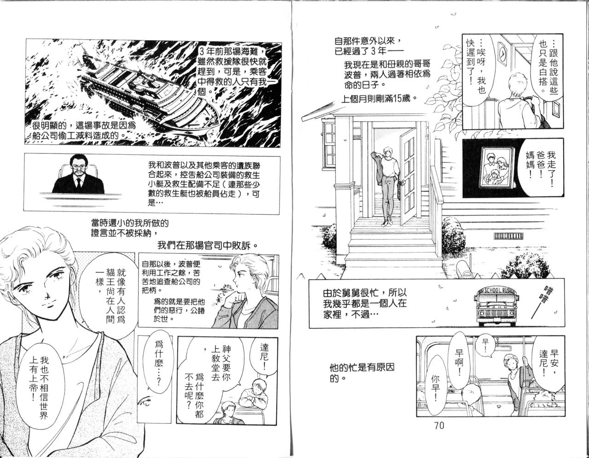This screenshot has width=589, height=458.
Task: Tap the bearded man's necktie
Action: pos(79,184)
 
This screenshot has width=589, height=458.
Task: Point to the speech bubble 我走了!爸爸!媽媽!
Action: pos(539,168)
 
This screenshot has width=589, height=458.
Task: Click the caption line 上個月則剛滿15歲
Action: pos(379,98)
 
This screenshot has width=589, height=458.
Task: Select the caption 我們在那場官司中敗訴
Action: pos(208,245)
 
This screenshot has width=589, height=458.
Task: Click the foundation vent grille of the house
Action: pos(508,236)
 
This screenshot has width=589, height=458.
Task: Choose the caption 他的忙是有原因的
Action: pos(362,373)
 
